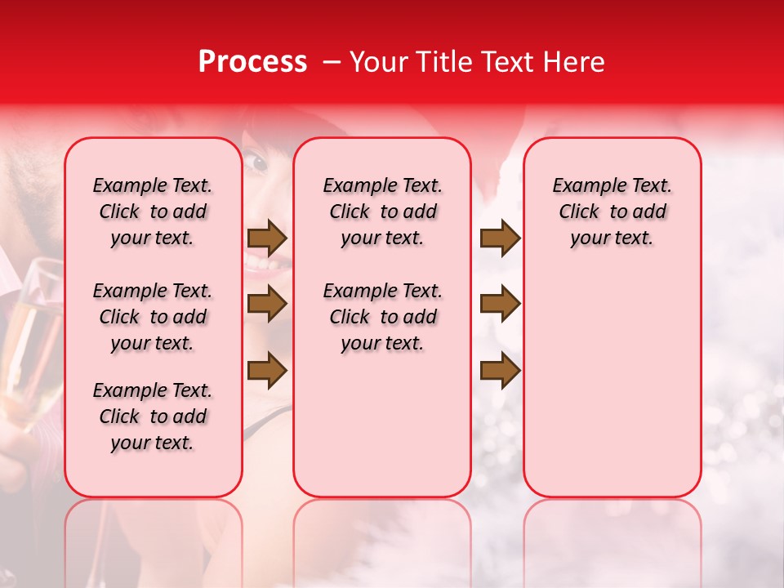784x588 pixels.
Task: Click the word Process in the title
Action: [252, 62]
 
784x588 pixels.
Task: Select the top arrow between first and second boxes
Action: [267, 238]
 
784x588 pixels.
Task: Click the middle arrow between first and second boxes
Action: [267, 305]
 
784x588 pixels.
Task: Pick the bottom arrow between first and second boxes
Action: [267, 370]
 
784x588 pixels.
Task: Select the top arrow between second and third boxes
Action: [500, 238]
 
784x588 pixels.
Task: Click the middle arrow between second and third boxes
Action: [500, 305]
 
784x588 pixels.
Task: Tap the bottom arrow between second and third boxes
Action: [500, 370]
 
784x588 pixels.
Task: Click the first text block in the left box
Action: [153, 212]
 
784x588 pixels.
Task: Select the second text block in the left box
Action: [153, 317]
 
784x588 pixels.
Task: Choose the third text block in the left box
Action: [153, 416]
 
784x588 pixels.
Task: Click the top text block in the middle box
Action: [382, 212]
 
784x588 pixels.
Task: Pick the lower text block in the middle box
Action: [382, 317]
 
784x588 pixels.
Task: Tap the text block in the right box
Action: [612, 212]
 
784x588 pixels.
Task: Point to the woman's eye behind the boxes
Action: [259, 162]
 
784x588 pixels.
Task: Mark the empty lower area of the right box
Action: [612, 384]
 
